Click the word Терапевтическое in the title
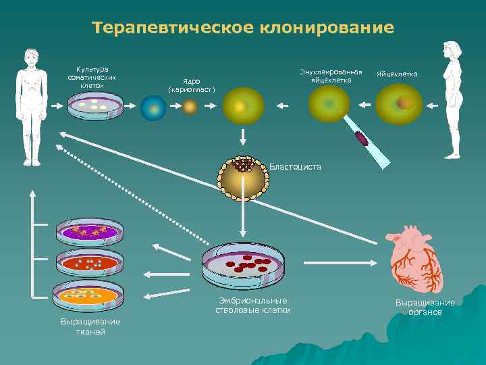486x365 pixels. click(x=173, y=28)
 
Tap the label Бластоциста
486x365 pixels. click(x=295, y=166)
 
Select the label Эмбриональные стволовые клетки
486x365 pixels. click(x=253, y=306)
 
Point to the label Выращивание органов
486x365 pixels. click(x=425, y=307)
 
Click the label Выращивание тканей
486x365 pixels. click(x=90, y=326)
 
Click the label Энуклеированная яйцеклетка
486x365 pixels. click(x=331, y=76)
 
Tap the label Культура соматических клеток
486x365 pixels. click(x=92, y=77)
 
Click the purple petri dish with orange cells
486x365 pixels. click(x=90, y=233)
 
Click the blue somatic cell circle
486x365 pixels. click(x=153, y=107)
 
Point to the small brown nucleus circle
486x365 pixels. click(x=190, y=107)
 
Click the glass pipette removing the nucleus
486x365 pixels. click(x=367, y=142)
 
